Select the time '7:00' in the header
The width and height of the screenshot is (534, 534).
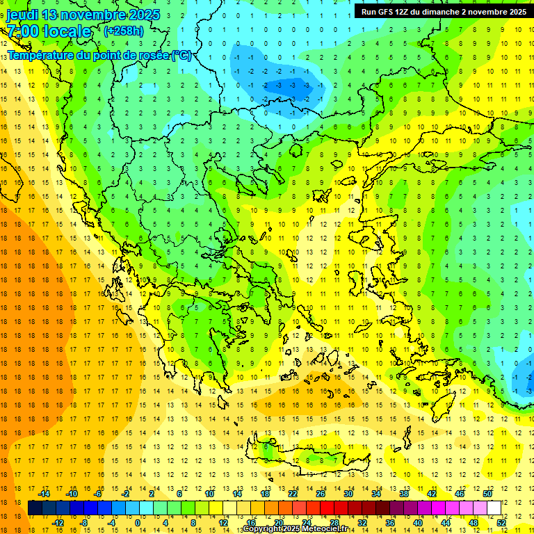click(23, 31)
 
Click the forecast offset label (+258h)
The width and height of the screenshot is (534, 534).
click(124, 31)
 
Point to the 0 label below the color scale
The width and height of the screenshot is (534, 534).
click(138, 522)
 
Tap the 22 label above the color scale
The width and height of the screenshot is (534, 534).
click(293, 494)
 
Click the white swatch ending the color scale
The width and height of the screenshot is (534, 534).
click(494, 508)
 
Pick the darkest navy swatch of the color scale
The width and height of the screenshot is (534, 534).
click(35, 508)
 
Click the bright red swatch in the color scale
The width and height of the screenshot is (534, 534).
click(327, 508)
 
